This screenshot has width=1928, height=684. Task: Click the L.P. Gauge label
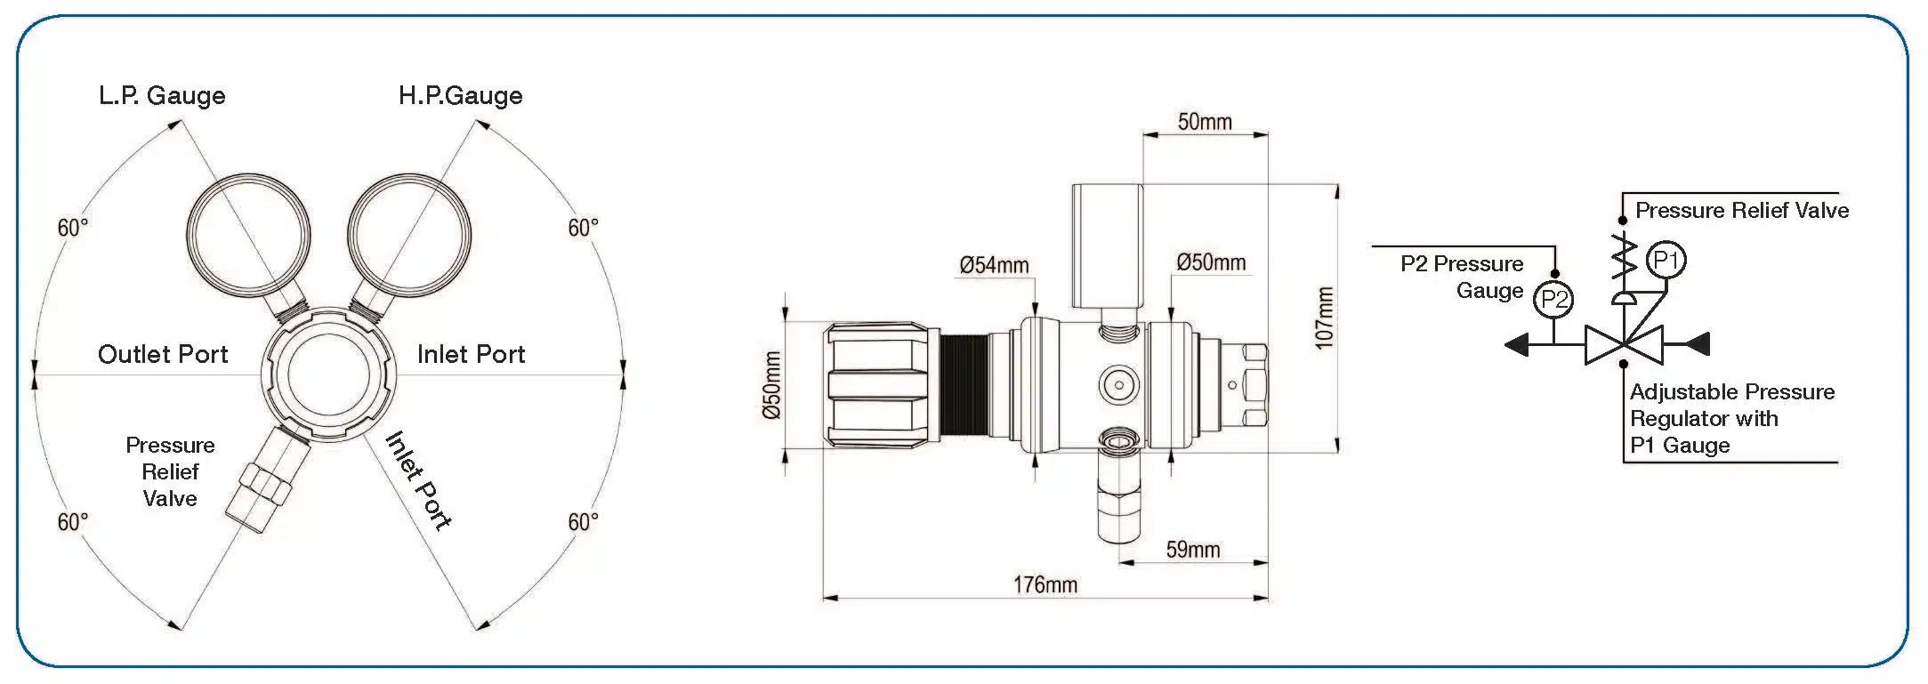162,96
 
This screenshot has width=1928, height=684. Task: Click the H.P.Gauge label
460,96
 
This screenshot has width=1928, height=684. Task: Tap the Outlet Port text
163,354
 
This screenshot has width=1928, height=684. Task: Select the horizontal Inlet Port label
471,354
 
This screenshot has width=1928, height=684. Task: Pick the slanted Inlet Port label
418,480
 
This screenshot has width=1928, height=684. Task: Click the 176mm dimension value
1045,584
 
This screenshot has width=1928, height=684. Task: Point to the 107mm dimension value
1325,318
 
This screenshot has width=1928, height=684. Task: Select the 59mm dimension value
1193,550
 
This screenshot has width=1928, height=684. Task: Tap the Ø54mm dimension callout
994,265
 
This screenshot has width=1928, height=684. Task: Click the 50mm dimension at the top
1205,122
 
